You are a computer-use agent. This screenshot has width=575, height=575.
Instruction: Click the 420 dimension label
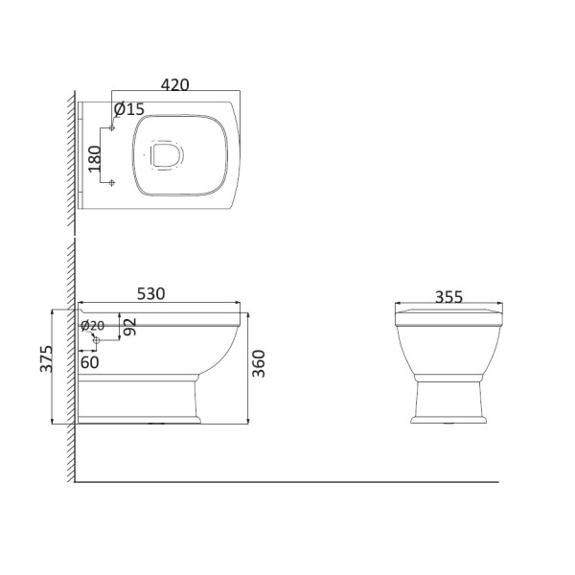click(175, 85)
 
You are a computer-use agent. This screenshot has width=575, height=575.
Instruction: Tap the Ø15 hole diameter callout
click(129, 109)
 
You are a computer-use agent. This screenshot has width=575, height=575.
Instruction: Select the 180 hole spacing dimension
click(95, 159)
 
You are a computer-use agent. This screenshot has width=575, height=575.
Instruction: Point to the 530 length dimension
click(151, 294)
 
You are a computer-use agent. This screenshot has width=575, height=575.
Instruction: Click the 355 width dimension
click(448, 297)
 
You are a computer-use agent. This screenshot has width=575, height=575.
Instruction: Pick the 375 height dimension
click(47, 358)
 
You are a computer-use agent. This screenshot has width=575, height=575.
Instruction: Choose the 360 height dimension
click(259, 363)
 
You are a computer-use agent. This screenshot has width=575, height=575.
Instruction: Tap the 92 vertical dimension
click(130, 327)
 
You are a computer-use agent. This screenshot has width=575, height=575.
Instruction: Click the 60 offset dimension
click(89, 362)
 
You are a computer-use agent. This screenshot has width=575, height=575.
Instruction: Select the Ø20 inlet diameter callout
click(92, 325)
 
